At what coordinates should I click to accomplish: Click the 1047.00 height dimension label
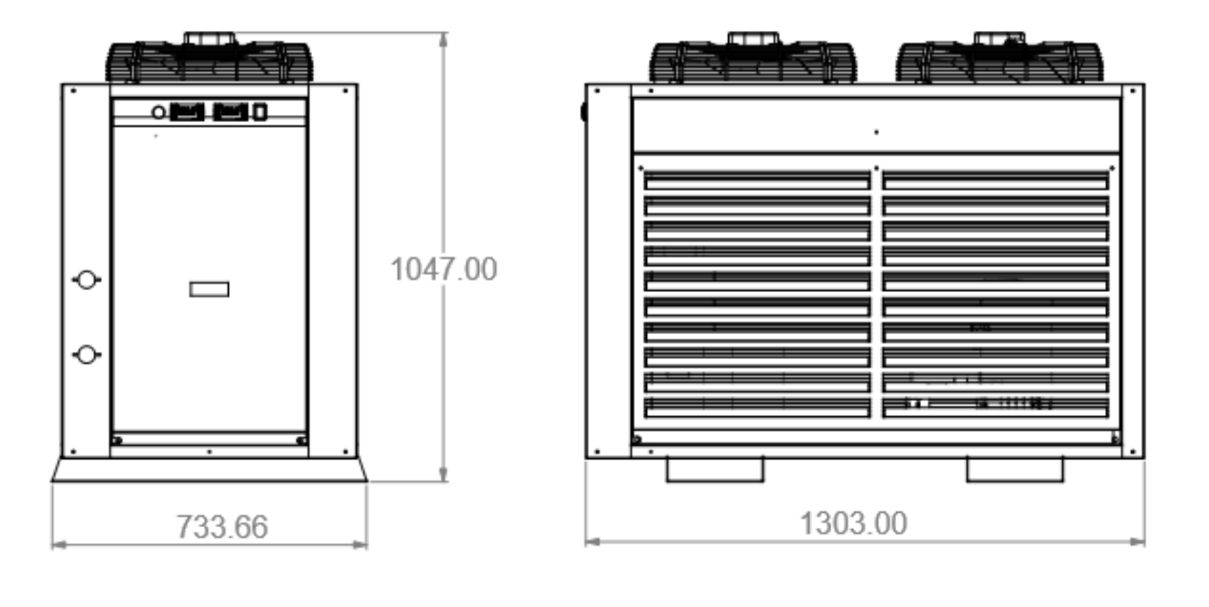coord(444,269)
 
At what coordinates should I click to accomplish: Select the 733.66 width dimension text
coord(222,527)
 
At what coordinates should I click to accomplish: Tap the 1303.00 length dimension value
coord(853,524)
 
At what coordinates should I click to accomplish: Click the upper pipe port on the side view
coord(86,280)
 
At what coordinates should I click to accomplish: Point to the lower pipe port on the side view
coord(86,355)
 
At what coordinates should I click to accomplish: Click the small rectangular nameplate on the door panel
coord(209,289)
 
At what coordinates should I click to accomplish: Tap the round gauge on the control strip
coord(158,112)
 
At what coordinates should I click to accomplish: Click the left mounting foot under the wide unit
coord(715,470)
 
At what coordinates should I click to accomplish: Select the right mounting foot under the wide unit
coord(1015,470)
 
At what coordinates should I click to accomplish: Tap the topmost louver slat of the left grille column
coord(757,181)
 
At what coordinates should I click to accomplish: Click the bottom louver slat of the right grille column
coord(995,408)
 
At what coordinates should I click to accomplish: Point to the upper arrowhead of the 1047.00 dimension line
coord(444,39)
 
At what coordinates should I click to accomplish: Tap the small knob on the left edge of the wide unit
coord(584,112)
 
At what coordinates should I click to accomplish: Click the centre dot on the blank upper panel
coord(876,132)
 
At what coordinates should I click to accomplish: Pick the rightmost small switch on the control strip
coord(260,112)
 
